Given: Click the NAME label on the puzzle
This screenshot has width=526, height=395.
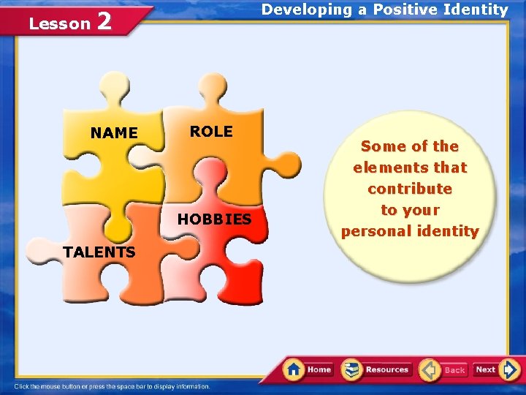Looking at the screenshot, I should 114,133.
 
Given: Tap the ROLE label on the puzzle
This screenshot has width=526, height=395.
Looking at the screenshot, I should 211,132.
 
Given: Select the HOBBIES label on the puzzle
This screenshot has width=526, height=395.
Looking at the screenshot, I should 214,219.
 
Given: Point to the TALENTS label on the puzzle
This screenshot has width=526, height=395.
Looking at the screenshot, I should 99,252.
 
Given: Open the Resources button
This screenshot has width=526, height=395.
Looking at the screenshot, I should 378,369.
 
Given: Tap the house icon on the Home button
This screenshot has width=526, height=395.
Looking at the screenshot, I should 294,369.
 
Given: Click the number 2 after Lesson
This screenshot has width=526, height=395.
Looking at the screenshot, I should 104,21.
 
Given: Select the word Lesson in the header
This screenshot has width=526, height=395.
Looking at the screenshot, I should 59,23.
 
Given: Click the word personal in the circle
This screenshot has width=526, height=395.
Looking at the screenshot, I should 373,232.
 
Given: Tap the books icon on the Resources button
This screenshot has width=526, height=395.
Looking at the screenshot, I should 353,369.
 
